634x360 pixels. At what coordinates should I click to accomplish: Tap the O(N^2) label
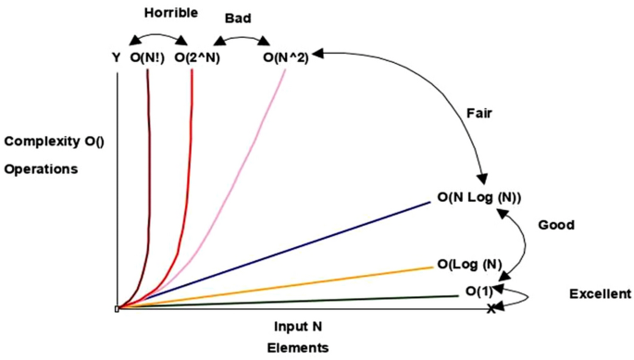click(x=286, y=57)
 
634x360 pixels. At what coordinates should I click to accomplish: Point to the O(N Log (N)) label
click(x=479, y=197)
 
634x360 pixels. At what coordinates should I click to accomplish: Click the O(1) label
click(x=479, y=292)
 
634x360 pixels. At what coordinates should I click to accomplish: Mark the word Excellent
click(x=599, y=294)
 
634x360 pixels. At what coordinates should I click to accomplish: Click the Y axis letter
click(x=116, y=57)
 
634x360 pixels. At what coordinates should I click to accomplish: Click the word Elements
click(x=297, y=348)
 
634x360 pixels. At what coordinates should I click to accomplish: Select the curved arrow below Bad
click(x=241, y=38)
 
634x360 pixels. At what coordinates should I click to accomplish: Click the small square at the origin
click(x=117, y=309)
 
